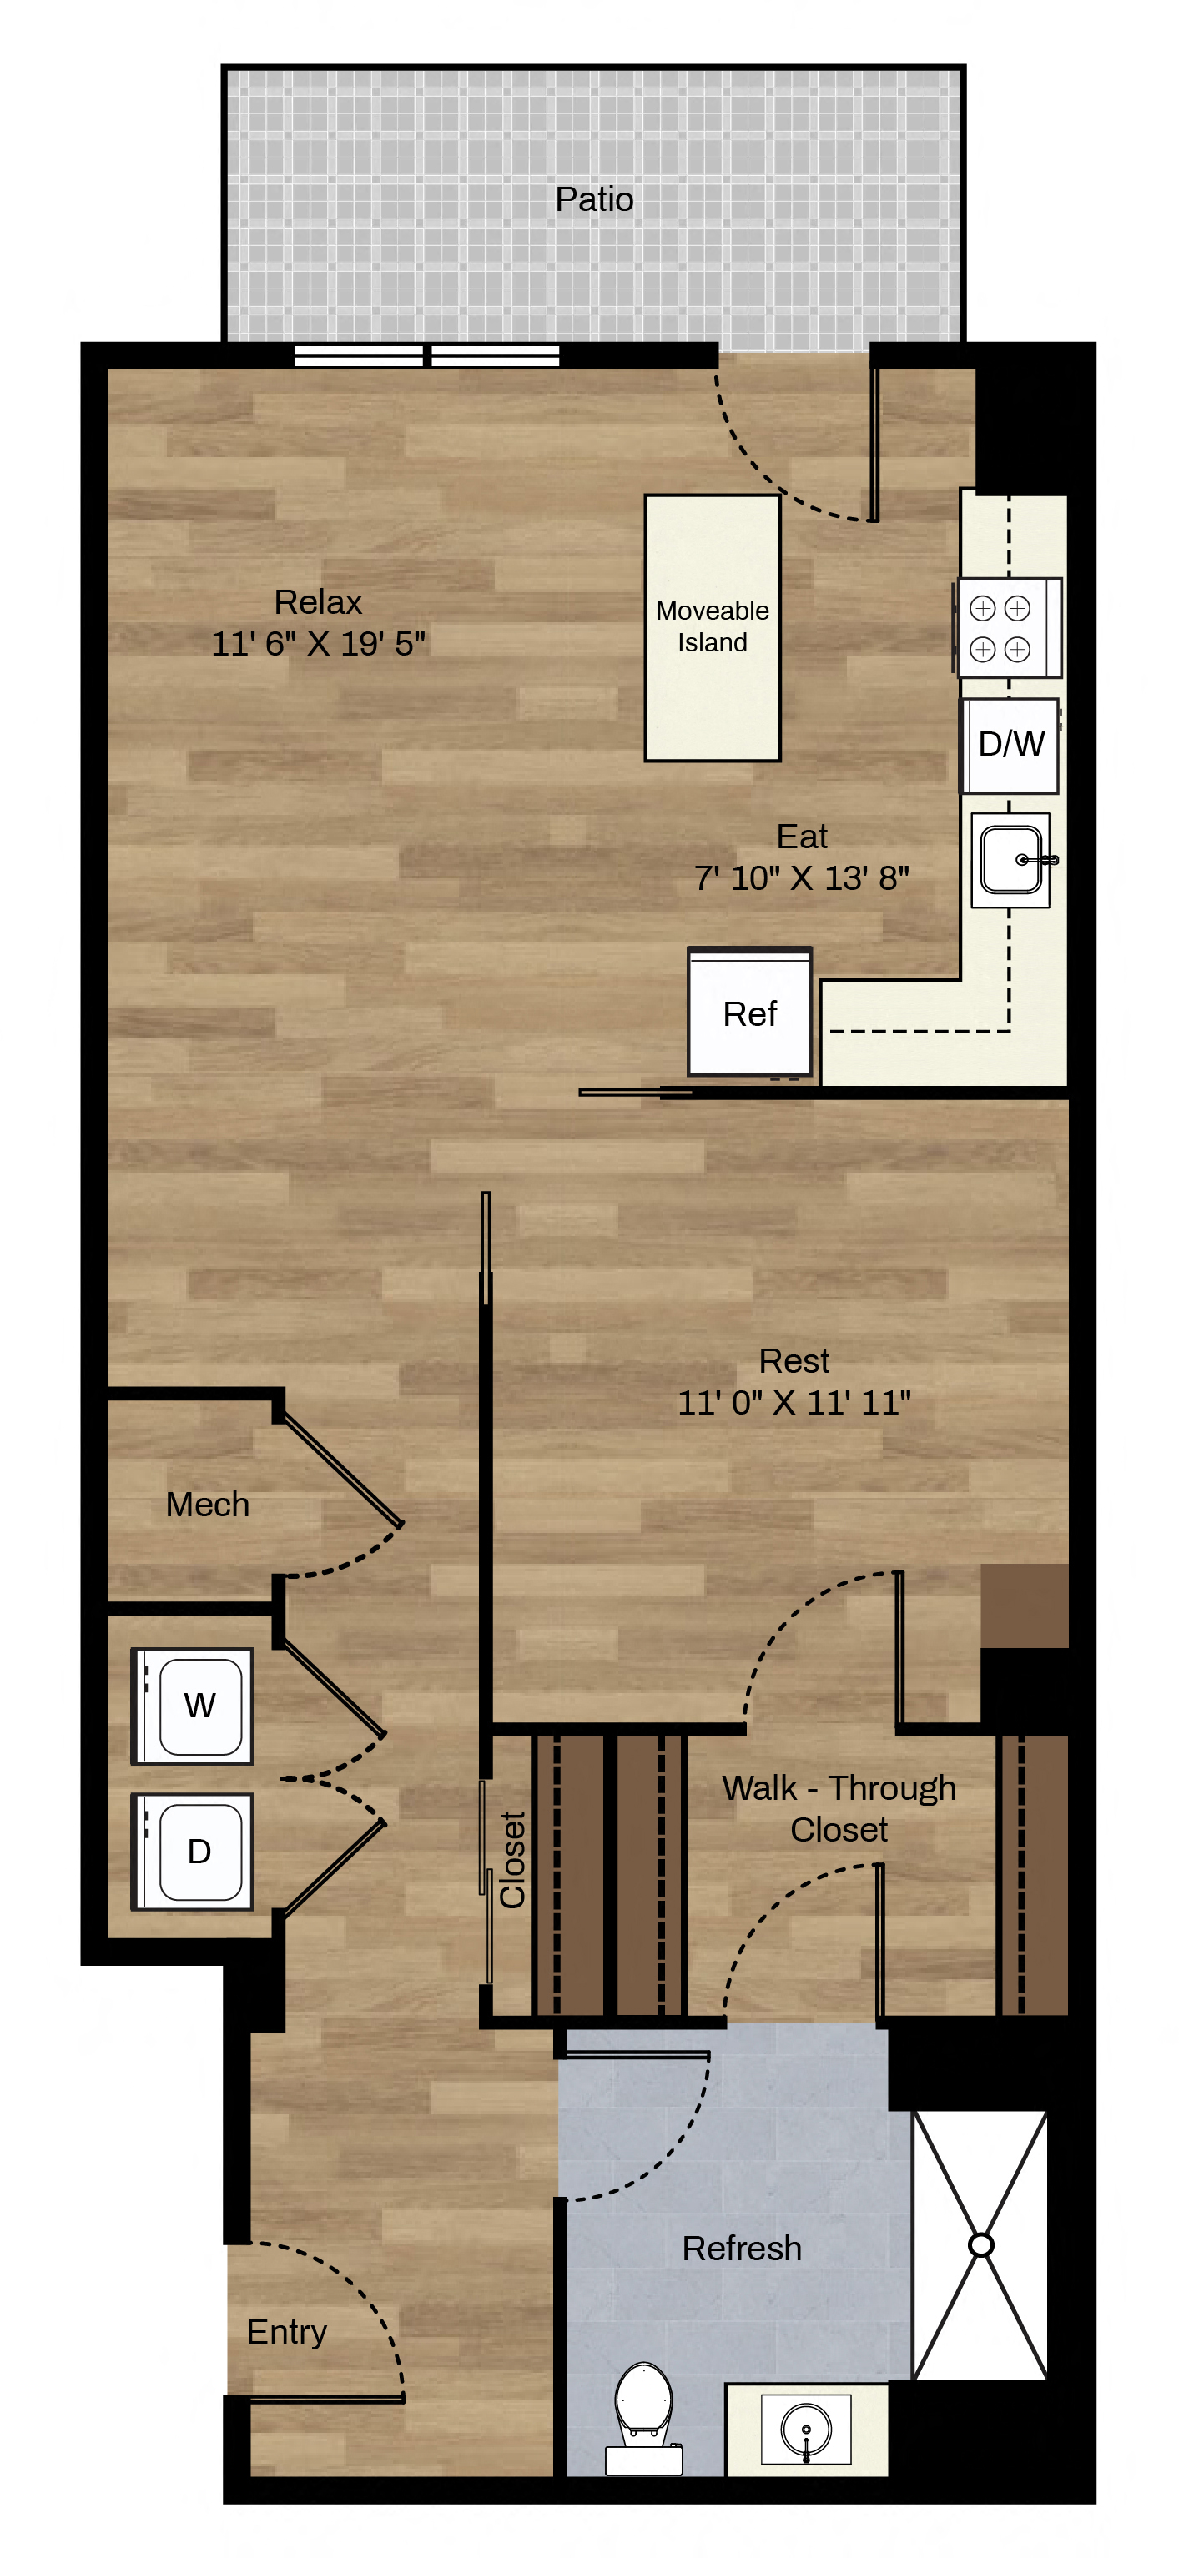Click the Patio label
[x=594, y=199]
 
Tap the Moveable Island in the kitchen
[x=713, y=627]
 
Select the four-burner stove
[x=1007, y=627]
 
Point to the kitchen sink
[x=1011, y=860]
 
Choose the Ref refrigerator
[x=750, y=1012]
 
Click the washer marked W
[x=194, y=1706]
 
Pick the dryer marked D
[x=194, y=1851]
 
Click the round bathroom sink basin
[x=805, y=2429]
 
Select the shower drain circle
[x=980, y=2244]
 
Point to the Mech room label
[x=208, y=1505]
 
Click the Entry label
[x=287, y=2332]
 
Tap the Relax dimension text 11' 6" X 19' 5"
[x=318, y=644]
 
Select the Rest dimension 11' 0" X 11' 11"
[x=794, y=1402]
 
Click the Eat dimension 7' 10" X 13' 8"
[x=802, y=877]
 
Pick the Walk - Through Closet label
[x=839, y=1808]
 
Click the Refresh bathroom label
[x=742, y=2249]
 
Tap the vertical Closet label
[x=512, y=1859]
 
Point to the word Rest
[x=794, y=1360]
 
